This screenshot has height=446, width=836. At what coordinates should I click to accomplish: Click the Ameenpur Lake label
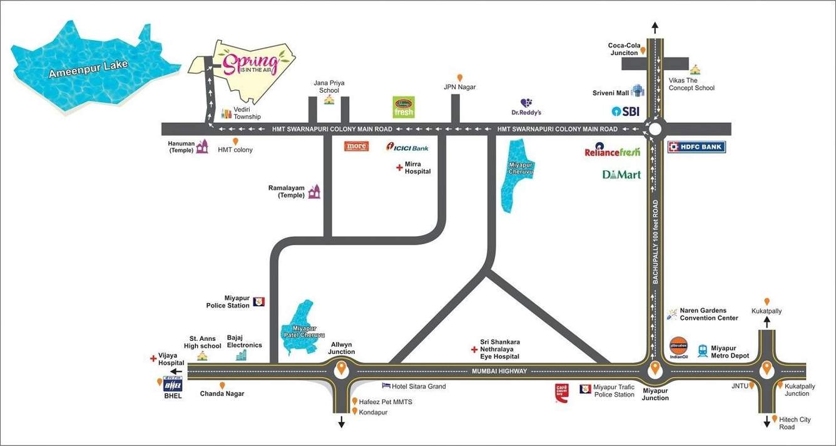[x=88, y=70]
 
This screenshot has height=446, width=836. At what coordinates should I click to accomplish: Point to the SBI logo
[x=626, y=111]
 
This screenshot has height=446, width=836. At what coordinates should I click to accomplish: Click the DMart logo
[x=621, y=174]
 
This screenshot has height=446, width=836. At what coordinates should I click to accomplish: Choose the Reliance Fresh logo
[x=612, y=152]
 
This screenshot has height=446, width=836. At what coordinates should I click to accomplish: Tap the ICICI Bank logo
[x=407, y=147]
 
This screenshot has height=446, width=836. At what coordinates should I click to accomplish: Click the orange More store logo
[x=357, y=147]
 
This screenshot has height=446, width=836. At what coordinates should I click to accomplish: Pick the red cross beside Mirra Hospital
[x=399, y=167]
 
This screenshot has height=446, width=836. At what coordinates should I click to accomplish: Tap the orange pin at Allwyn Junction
[x=341, y=370]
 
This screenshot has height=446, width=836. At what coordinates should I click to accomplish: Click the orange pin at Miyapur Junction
[x=655, y=368]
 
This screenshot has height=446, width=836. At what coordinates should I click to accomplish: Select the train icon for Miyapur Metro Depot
[x=703, y=351]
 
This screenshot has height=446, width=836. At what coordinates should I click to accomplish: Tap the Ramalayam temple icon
[x=314, y=192]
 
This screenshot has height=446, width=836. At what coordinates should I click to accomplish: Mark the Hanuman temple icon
[x=202, y=147]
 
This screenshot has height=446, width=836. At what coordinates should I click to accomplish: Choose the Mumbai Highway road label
[x=498, y=371]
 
